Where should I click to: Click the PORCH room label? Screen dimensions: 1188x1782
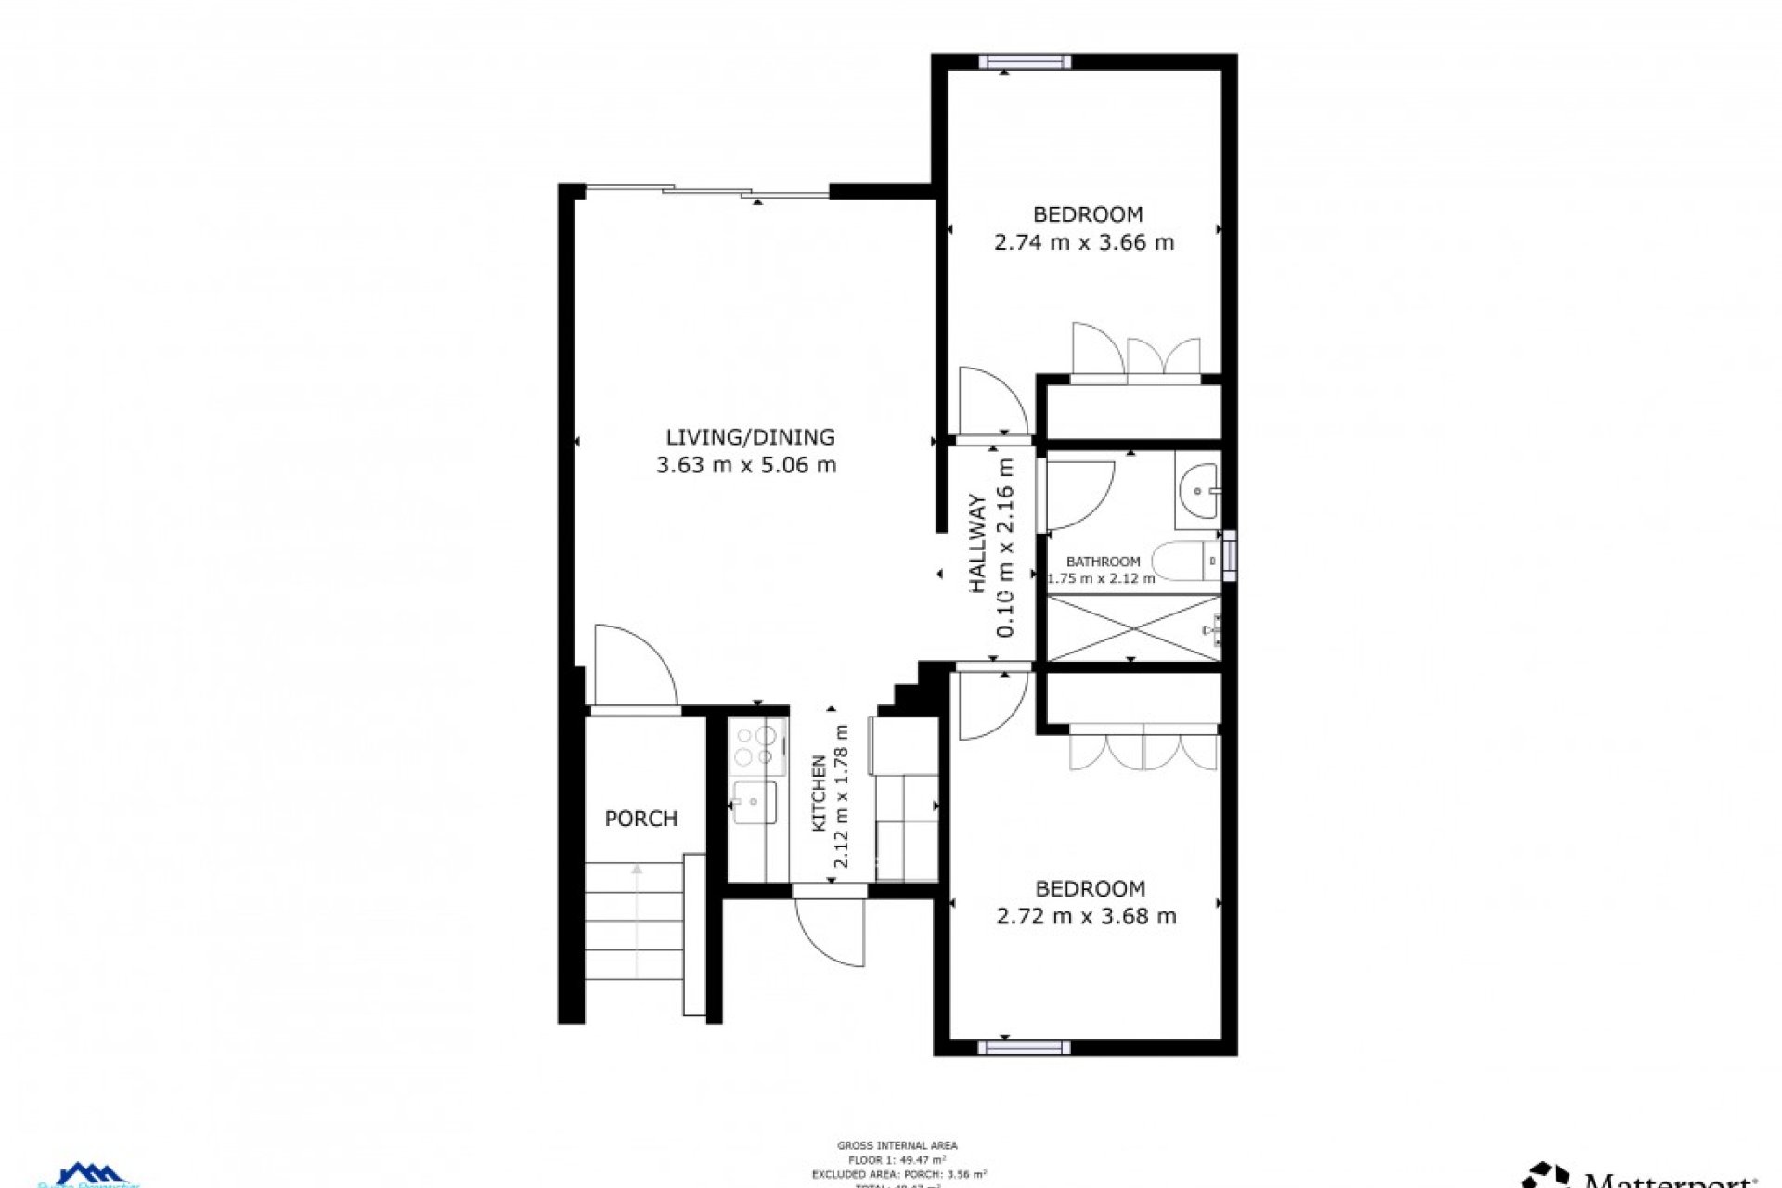[640, 819]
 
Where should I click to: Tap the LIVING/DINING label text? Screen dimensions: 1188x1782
[750, 436]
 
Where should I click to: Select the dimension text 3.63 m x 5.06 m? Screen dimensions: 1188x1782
[746, 465]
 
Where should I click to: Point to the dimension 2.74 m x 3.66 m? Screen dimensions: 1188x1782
[1084, 243]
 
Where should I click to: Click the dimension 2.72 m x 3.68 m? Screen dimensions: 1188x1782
[1086, 917]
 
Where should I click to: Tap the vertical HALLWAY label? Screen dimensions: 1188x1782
[978, 544]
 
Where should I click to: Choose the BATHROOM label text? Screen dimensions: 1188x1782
[1103, 562]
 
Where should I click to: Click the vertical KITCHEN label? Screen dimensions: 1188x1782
[820, 793]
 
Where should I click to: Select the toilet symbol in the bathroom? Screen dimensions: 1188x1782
[1184, 561]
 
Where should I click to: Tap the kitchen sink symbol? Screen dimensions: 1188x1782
[754, 802]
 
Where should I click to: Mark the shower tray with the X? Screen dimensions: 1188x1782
[1133, 629]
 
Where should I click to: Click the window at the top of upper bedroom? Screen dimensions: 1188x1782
[1025, 62]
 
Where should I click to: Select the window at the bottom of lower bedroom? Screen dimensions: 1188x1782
[1024, 1048]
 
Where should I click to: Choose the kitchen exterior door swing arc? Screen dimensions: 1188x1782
[832, 933]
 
